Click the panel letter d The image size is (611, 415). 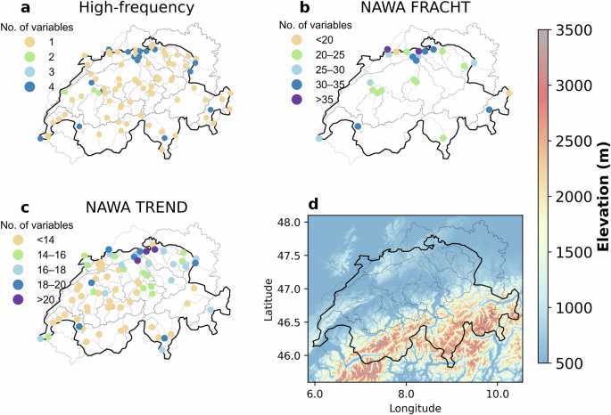pyautogui.click(x=312, y=205)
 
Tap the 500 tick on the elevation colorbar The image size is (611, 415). pyautogui.click(x=576, y=362)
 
